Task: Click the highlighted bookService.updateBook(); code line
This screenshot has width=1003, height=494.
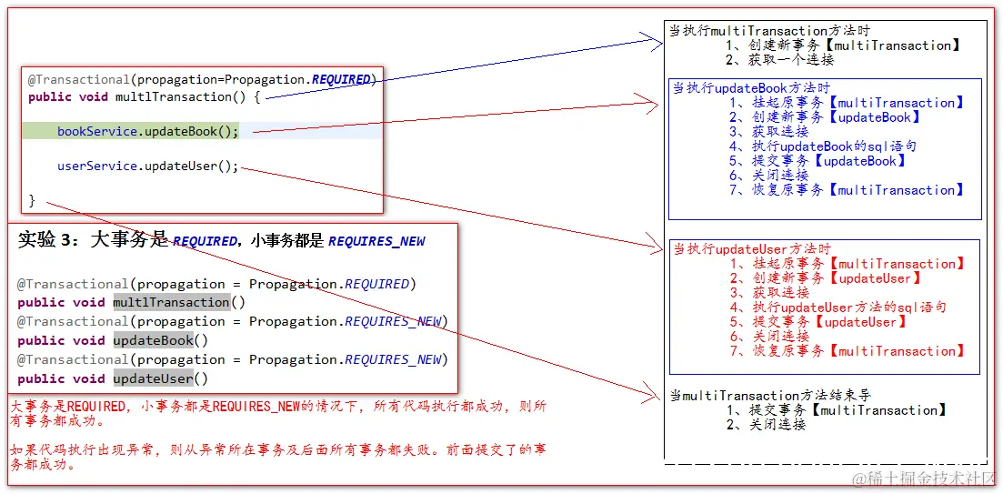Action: pyautogui.click(x=147, y=132)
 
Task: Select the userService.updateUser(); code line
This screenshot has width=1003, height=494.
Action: pyautogui.click(x=147, y=166)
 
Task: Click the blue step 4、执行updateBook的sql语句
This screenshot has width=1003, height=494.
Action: pyautogui.click(x=822, y=146)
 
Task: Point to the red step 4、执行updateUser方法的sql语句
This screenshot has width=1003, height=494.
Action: pyautogui.click(x=838, y=307)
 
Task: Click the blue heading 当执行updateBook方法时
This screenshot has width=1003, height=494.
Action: pyautogui.click(x=751, y=88)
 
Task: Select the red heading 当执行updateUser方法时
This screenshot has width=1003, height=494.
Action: pyautogui.click(x=752, y=249)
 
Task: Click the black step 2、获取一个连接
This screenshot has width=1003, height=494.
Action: pyautogui.click(x=779, y=60)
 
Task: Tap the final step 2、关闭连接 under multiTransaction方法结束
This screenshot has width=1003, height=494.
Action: pyautogui.click(x=766, y=425)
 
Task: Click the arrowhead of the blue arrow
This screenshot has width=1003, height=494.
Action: pyautogui.click(x=659, y=39)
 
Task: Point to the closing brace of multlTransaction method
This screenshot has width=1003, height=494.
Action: pyautogui.click(x=32, y=200)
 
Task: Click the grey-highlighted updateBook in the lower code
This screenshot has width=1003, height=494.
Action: pyautogui.click(x=153, y=340)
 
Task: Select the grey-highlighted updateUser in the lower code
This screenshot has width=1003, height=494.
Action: pyautogui.click(x=153, y=378)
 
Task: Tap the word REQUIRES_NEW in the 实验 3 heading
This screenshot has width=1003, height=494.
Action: pyautogui.click(x=376, y=242)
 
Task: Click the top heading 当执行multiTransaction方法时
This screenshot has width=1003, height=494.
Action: pyautogui.click(x=769, y=31)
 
